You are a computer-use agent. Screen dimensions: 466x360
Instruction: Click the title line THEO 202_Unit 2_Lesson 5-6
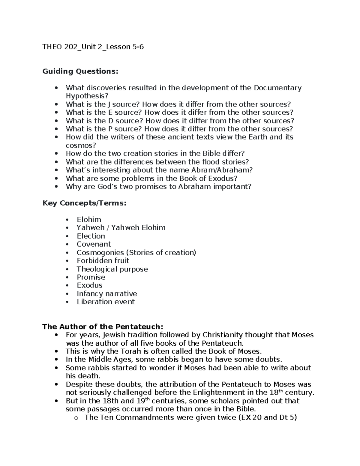pyautogui.click(x=93, y=47)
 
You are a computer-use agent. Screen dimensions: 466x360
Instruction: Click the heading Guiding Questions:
pyautogui.click(x=80, y=71)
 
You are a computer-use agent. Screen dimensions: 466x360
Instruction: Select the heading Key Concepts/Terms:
pyautogui.click(x=84, y=203)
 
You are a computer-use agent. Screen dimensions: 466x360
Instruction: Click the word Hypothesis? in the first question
pyautogui.click(x=87, y=96)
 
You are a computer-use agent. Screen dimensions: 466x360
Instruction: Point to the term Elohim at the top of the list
pyautogui.click(x=89, y=220)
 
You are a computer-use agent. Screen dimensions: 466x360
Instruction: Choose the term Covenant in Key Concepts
pyautogui.click(x=94, y=244)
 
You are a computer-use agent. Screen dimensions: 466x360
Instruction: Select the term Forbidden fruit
pyautogui.click(x=103, y=261)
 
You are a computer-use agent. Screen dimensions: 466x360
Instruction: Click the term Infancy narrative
pyautogui.click(x=107, y=293)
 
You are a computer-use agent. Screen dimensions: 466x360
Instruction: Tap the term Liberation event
pyautogui.click(x=106, y=302)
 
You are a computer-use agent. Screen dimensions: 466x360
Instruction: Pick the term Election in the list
pyautogui.click(x=91, y=236)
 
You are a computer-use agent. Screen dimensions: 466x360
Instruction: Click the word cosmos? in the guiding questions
pyautogui.click(x=81, y=146)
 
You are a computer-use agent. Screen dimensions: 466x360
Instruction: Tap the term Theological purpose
pyautogui.click(x=112, y=269)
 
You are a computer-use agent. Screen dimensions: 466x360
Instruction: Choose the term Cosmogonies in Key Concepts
pyautogui.click(x=100, y=253)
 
